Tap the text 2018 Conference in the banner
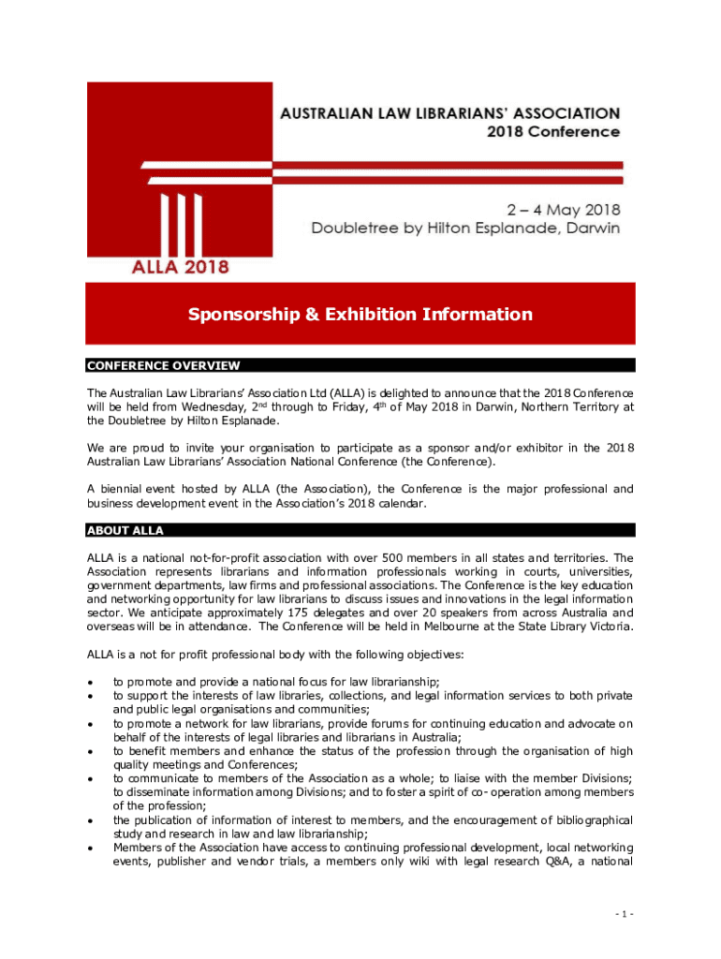(x=552, y=132)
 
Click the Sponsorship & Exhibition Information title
(x=360, y=315)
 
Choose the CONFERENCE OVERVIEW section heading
(x=163, y=365)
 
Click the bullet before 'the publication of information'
(x=90, y=821)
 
